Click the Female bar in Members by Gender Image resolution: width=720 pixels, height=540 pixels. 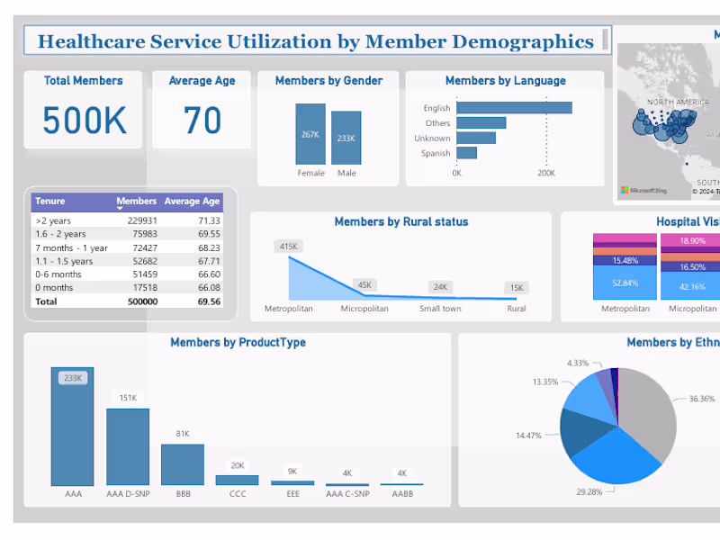pyautogui.click(x=310, y=134)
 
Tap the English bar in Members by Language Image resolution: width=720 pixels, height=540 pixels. pyautogui.click(x=514, y=108)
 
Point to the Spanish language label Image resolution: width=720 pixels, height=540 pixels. pyautogui.click(x=436, y=154)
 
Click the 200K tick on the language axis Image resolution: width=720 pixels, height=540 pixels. pyautogui.click(x=545, y=173)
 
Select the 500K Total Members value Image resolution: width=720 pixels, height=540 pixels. pyautogui.click(x=84, y=121)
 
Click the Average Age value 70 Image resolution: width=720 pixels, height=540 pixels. pyautogui.click(x=202, y=121)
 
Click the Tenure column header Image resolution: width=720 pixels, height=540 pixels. pyautogui.click(x=50, y=202)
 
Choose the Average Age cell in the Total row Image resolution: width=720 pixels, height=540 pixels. pyautogui.click(x=208, y=301)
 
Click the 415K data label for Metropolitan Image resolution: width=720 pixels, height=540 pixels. pyautogui.click(x=288, y=246)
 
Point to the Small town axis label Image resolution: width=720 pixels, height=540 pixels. pyautogui.click(x=440, y=309)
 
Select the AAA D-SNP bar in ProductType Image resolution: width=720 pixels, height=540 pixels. pyautogui.click(x=128, y=446)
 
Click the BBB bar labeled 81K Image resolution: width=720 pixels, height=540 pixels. pyautogui.click(x=183, y=464)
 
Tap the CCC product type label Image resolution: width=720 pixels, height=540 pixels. pyautogui.click(x=237, y=494)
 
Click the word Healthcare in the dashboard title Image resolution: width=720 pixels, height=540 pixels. pyautogui.click(x=91, y=41)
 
